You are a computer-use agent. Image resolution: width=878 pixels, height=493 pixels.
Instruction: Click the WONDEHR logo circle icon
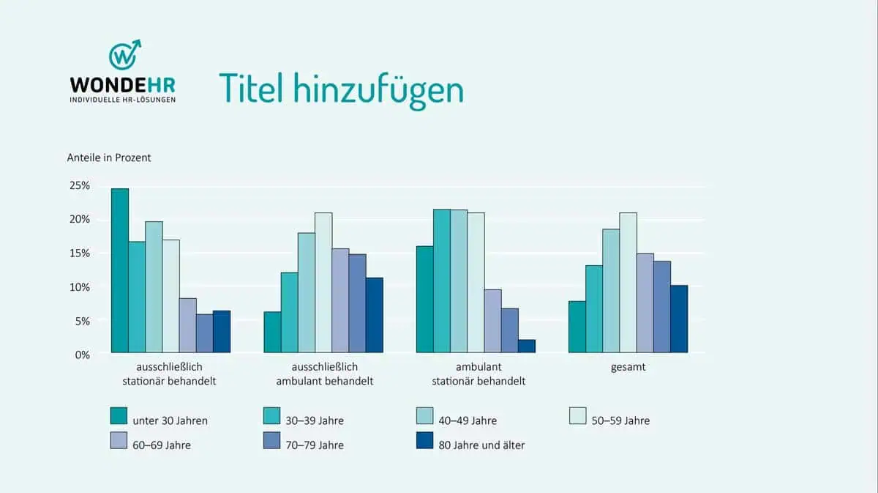[124, 56]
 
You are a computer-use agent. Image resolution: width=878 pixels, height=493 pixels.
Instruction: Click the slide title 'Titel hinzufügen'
[341, 89]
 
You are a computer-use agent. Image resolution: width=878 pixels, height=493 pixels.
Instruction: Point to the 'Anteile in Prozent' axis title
[109, 157]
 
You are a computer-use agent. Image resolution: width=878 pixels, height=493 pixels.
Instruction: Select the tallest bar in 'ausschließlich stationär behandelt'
[120, 271]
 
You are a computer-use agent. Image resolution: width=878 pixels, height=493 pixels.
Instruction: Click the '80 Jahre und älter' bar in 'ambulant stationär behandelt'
[527, 346]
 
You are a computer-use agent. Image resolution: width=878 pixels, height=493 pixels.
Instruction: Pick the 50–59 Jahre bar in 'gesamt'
[628, 283]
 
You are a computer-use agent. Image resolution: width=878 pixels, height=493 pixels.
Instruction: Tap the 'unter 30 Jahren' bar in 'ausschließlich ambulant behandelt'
[272, 333]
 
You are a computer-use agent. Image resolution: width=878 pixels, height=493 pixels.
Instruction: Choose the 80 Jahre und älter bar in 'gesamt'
[679, 319]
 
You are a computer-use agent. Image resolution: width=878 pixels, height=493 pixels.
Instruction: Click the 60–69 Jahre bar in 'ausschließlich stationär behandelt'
[187, 326]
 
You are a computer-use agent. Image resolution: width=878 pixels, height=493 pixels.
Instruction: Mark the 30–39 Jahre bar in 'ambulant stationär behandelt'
[442, 281]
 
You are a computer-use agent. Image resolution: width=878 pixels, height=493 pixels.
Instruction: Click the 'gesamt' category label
[629, 367]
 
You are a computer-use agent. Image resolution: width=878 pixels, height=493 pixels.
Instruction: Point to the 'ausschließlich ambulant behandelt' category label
[324, 374]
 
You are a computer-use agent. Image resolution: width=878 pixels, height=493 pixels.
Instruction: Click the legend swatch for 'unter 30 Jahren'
[119, 416]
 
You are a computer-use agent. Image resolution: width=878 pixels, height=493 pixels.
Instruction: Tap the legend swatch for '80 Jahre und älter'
[424, 440]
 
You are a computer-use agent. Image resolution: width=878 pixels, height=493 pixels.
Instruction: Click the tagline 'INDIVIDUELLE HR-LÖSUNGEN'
[122, 99]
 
